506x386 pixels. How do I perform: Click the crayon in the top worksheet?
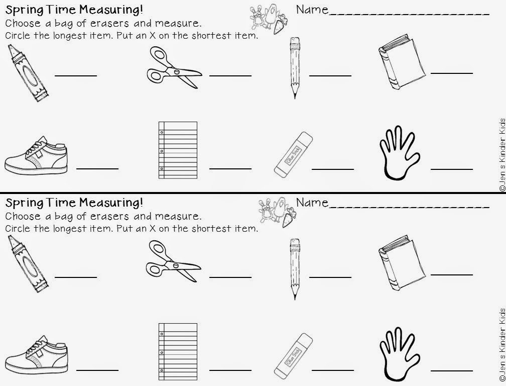[x=28, y=73]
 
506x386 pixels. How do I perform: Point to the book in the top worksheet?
[x=402, y=62]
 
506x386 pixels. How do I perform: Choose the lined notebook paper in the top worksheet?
[x=178, y=150]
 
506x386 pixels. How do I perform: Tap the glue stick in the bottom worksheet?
[x=293, y=356]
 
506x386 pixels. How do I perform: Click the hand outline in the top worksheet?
[x=400, y=152]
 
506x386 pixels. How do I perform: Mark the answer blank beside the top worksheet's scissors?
[x=230, y=75]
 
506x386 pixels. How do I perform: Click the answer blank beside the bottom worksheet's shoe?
[x=97, y=370]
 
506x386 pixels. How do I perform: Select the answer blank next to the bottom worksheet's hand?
[x=452, y=370]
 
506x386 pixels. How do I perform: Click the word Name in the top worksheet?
[x=312, y=10]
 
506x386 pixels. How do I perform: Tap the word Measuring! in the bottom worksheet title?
[x=111, y=203]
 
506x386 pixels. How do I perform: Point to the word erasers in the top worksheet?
[x=109, y=23]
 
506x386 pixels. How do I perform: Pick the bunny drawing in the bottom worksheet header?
[x=266, y=210]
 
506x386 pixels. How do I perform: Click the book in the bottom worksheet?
[x=402, y=262]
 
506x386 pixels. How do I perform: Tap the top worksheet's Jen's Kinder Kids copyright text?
[x=502, y=155]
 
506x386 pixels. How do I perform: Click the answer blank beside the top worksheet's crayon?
[x=76, y=75]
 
